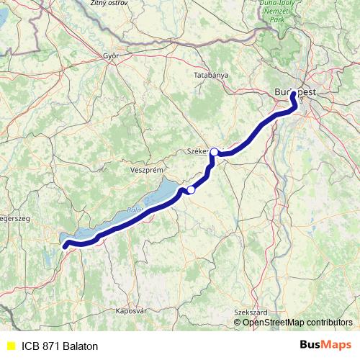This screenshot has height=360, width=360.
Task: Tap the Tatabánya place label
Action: click(211, 75)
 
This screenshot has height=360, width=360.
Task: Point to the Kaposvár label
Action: click(131, 311)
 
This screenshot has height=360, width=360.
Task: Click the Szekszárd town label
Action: click(251, 311)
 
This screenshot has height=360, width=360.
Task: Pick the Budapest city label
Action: click(300, 92)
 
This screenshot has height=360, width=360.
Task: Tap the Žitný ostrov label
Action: click(107, 4)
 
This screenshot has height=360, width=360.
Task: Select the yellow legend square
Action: click(10, 346)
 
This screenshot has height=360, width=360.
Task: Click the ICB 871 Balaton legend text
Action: click(60, 346)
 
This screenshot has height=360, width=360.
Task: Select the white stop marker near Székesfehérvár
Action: click(214, 152)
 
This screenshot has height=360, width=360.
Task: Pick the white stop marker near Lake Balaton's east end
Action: click(191, 190)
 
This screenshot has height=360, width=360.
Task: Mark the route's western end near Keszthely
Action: click(66, 246)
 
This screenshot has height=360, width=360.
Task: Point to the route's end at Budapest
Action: click(294, 94)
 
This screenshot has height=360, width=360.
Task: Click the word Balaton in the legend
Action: click(80, 346)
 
